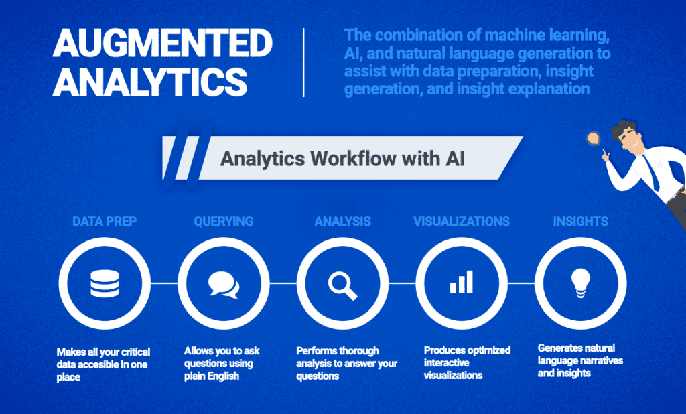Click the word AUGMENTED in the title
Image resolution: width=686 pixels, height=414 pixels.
pyautogui.click(x=163, y=42)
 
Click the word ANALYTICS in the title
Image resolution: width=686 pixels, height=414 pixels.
pyautogui.click(x=150, y=82)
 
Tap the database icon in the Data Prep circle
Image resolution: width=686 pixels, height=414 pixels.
pyautogui.click(x=105, y=283)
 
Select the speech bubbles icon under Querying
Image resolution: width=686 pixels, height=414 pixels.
pyautogui.click(x=224, y=285)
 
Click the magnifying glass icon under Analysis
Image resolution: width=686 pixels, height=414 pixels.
pyautogui.click(x=343, y=286)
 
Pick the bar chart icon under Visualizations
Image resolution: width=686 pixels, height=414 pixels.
pyautogui.click(x=462, y=281)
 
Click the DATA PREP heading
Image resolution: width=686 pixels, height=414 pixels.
pyautogui.click(x=105, y=222)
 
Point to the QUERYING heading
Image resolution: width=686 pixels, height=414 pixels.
pyautogui.click(x=224, y=222)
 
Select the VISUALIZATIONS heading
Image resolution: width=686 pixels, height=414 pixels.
pyautogui.click(x=462, y=222)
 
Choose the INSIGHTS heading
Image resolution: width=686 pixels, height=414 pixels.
pyautogui.click(x=581, y=222)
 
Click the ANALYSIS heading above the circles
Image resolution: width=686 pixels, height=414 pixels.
pyautogui.click(x=342, y=222)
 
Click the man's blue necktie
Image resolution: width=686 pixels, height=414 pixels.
pyautogui.click(x=651, y=172)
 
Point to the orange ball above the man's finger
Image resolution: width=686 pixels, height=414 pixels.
pyautogui.click(x=594, y=138)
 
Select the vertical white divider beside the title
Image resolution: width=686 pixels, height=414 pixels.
pyautogui.click(x=303, y=62)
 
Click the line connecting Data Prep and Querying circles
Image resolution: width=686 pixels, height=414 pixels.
pyautogui.click(x=164, y=283)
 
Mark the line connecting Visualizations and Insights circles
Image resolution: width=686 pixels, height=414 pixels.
pyautogui.click(x=521, y=283)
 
